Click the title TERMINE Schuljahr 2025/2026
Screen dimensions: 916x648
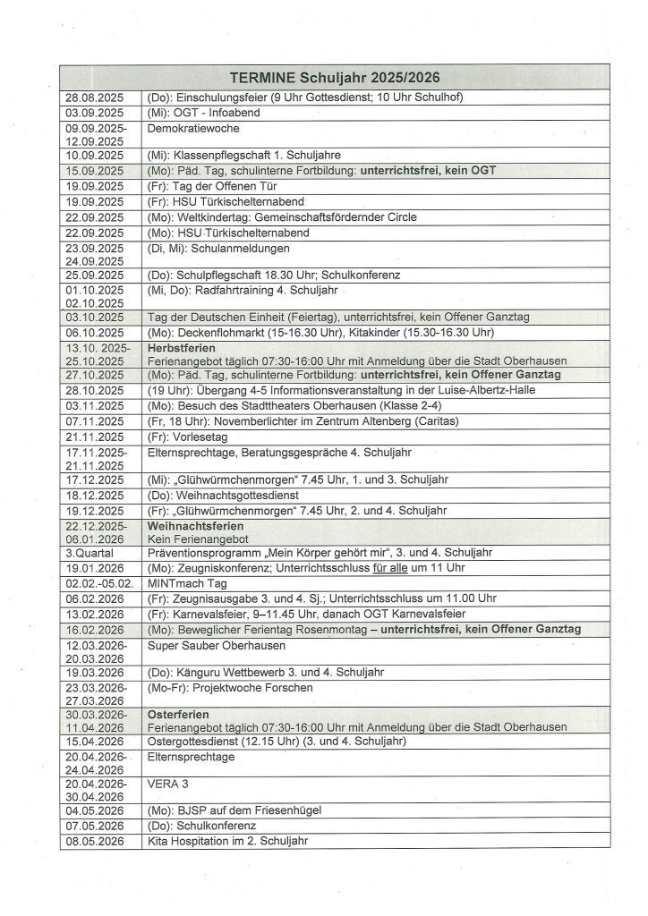pyautogui.click(x=335, y=78)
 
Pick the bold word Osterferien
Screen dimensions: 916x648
pyautogui.click(x=179, y=715)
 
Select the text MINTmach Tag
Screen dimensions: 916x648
pyautogui.click(x=189, y=582)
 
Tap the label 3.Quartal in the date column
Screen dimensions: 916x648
pyautogui.click(x=88, y=553)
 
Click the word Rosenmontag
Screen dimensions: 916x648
pyautogui.click(x=325, y=629)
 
